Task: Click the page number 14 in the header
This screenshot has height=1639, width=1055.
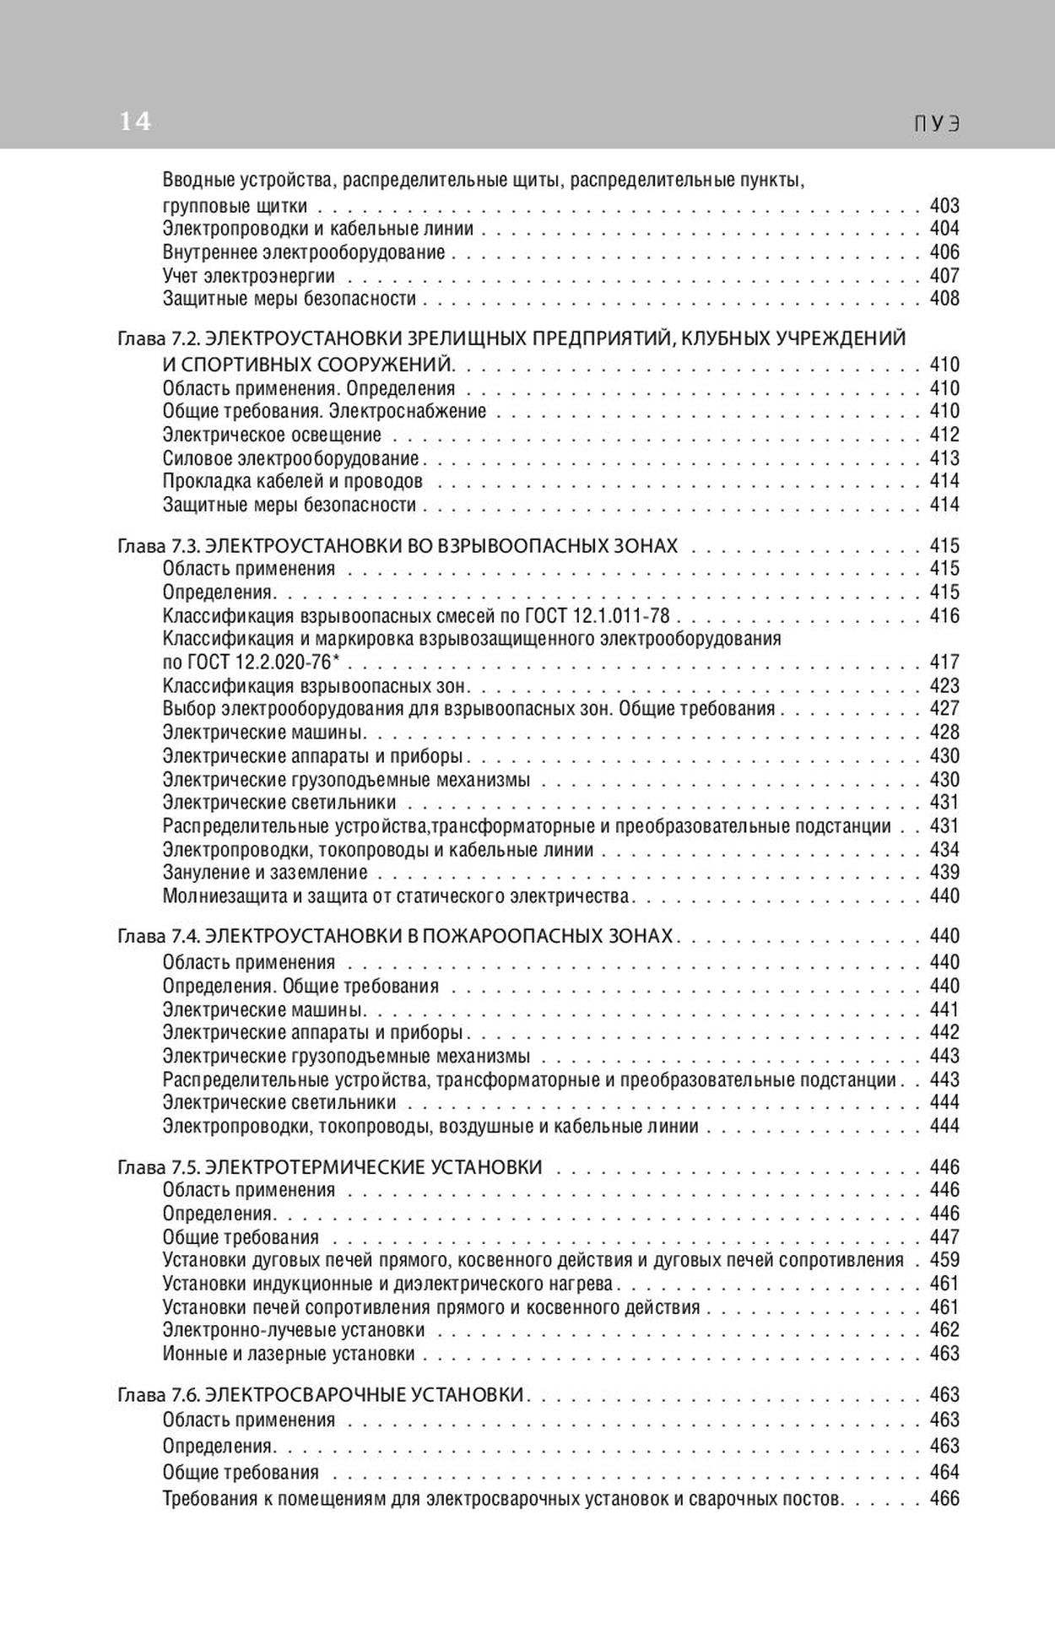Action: (x=135, y=122)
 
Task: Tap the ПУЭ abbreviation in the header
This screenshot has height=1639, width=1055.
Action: (x=938, y=124)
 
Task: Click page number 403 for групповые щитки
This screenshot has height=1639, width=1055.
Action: (x=944, y=206)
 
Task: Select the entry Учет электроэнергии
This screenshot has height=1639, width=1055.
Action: (x=248, y=276)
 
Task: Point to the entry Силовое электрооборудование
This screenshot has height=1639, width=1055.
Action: (x=290, y=458)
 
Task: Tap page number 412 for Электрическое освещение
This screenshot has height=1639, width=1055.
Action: (x=944, y=435)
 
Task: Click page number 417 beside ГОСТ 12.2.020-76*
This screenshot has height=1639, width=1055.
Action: (x=944, y=663)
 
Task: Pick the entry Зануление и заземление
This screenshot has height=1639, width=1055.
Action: (x=265, y=873)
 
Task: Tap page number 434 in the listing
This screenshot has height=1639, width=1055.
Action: (x=944, y=850)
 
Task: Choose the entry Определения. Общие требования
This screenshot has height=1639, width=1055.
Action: (x=300, y=986)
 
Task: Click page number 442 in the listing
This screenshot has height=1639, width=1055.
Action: (x=944, y=1032)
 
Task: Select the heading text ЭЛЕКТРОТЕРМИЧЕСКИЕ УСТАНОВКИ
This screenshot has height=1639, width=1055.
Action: (x=374, y=1168)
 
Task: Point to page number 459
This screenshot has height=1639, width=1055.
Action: (x=944, y=1260)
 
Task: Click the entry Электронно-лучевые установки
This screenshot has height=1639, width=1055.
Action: (x=294, y=1331)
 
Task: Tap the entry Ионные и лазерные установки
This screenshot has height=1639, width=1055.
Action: (x=289, y=1354)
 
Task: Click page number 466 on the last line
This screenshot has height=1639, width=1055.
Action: (x=944, y=1499)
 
